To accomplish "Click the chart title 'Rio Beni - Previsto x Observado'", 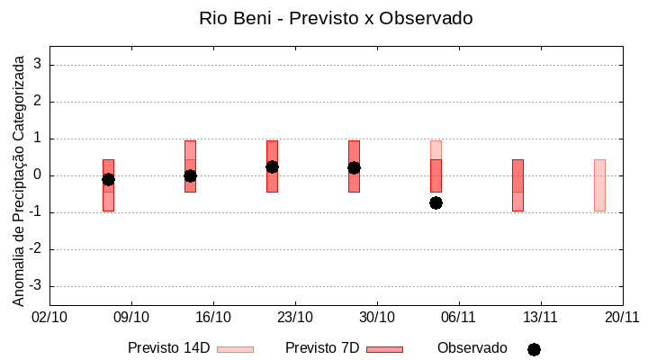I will (x=336, y=18).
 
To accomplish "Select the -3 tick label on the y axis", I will (x=37, y=286).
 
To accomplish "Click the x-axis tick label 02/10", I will (x=49, y=317).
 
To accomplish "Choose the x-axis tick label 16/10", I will (x=213, y=317).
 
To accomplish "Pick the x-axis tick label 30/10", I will (x=377, y=317).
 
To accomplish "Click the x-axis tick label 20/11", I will (x=622, y=317).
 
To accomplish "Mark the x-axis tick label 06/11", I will (x=459, y=317).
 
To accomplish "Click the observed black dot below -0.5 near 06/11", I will (x=436, y=202).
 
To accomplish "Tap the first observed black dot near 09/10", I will (x=108, y=179).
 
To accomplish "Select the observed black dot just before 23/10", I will (x=272, y=166).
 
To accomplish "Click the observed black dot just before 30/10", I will (x=354, y=167).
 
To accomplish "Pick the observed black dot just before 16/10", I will (x=190, y=175).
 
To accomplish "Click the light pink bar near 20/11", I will (x=599, y=184).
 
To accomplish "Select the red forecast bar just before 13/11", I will (x=517, y=184).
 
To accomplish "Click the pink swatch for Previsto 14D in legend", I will (x=235, y=349).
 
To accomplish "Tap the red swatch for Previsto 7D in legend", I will (x=384, y=349).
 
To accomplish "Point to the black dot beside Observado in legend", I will (x=534, y=349).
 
